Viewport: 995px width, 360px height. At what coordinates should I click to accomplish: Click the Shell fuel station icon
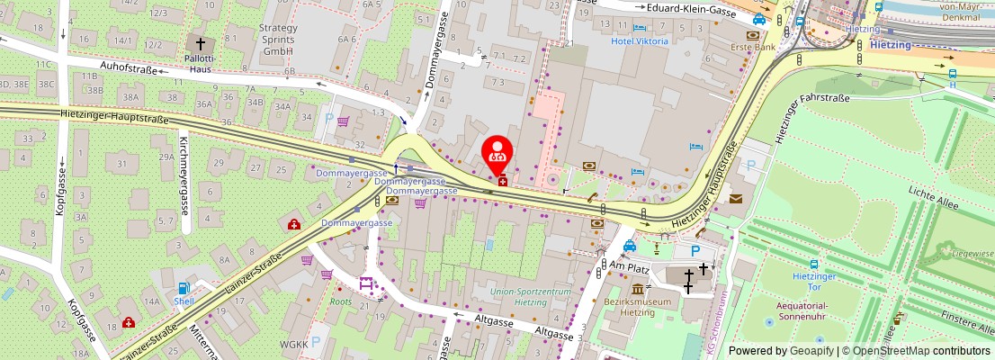[184, 289]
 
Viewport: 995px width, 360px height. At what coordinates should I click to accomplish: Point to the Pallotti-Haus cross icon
[200, 42]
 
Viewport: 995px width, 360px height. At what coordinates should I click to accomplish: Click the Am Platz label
[629, 267]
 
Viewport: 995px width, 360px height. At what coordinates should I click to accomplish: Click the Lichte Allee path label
[932, 193]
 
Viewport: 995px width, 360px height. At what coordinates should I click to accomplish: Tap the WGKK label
[294, 344]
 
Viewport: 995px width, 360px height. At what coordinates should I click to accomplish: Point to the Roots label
[341, 302]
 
